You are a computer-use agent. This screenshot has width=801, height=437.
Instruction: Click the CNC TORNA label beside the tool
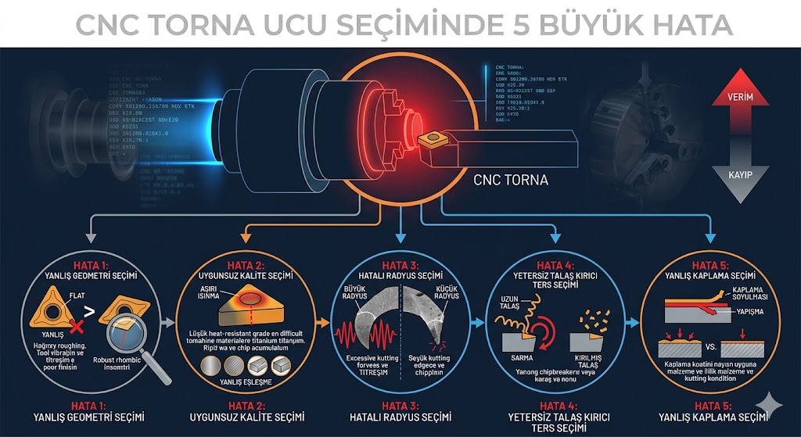pos(512,181)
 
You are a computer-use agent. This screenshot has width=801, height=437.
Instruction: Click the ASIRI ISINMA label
pos(210,291)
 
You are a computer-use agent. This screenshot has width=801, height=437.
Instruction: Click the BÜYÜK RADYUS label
pos(356,292)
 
